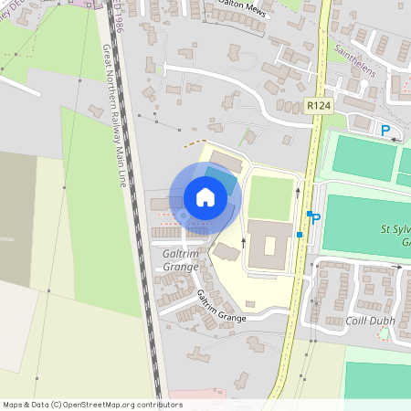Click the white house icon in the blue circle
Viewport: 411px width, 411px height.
(x=205, y=196)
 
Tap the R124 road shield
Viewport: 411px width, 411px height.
(x=318, y=107)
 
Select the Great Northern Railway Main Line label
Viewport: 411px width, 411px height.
(x=113, y=109)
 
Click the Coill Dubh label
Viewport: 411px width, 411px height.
(x=369, y=321)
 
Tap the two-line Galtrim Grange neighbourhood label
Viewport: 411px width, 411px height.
(x=180, y=259)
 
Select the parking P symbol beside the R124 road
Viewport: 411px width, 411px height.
(x=316, y=219)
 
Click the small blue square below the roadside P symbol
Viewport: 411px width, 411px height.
(x=300, y=235)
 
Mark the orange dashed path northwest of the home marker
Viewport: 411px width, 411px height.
(x=192, y=143)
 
